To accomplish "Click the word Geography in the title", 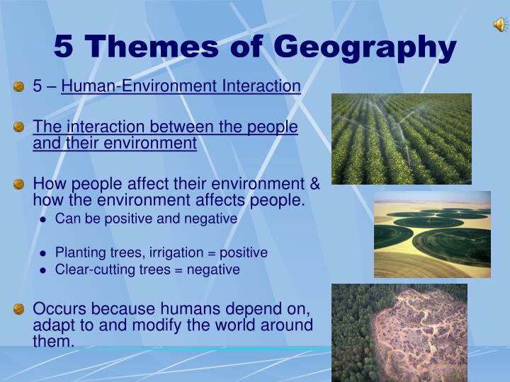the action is (365, 47).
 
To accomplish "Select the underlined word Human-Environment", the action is (139, 86).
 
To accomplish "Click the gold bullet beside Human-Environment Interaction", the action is (19, 87).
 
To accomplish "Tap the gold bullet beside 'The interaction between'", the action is (19, 127).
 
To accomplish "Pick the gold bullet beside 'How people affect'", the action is (19, 184).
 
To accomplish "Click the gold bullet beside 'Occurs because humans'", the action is (19, 309).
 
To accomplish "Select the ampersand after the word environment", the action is (314, 183).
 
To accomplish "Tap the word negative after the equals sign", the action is (213, 270).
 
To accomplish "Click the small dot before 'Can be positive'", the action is (43, 220).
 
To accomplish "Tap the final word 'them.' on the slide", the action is (54, 341).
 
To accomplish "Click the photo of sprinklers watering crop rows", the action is (402, 139).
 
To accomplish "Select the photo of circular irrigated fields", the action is (432, 234).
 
